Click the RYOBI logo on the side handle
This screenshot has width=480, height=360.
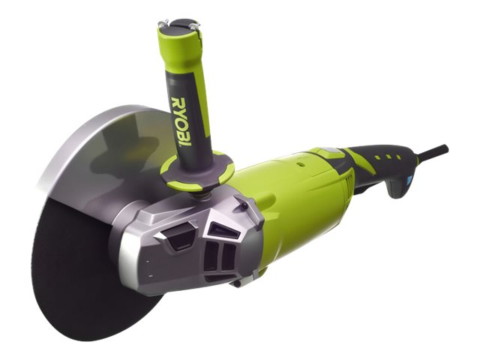coord(181,121)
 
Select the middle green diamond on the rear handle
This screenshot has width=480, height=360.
coord(388,157)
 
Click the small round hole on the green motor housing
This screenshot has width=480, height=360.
coord(300,164)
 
